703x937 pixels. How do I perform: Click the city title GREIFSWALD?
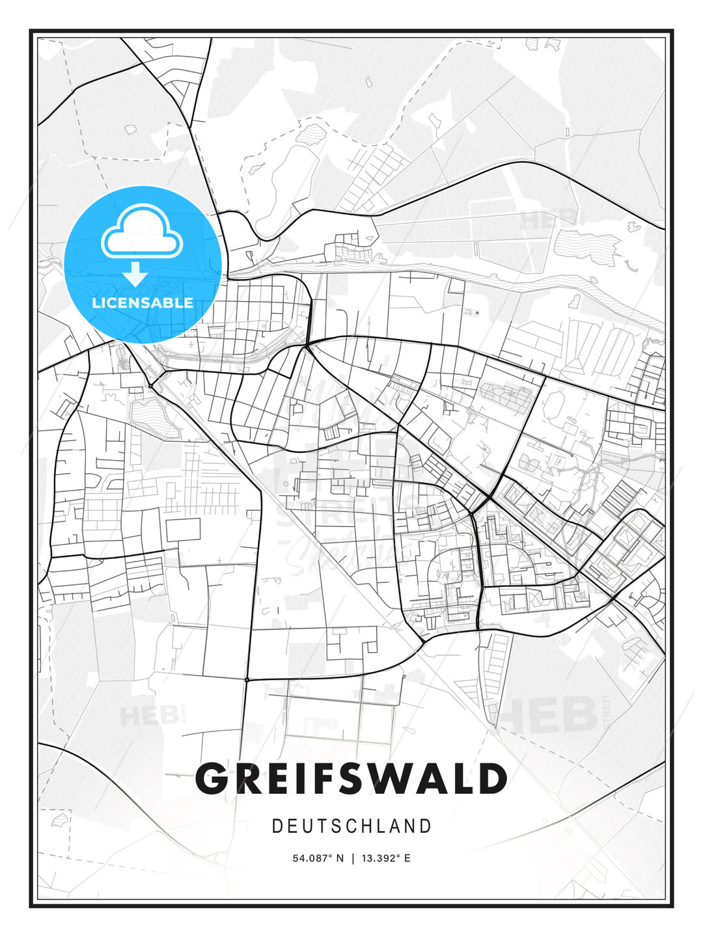click(351, 779)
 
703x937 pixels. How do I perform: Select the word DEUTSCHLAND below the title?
click(351, 826)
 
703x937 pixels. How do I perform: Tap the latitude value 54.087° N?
click(318, 858)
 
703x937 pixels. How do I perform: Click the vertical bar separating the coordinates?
click(353, 858)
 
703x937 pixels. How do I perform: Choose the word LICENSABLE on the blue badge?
click(143, 303)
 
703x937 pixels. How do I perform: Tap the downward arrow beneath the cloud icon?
click(135, 274)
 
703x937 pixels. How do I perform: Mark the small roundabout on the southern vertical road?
click(247, 679)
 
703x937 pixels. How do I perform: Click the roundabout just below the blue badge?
click(150, 386)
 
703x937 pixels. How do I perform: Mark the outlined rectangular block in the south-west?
click(183, 530)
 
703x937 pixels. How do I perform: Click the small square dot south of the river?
click(477, 313)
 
